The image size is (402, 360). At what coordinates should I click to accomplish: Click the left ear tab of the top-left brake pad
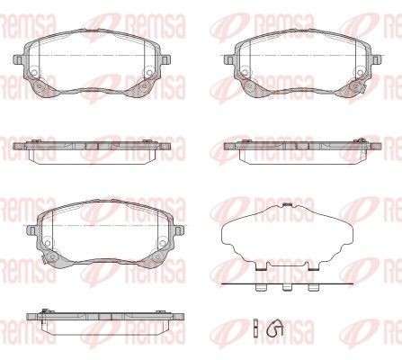[x=18, y=59]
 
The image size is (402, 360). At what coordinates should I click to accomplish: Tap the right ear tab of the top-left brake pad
[x=165, y=59]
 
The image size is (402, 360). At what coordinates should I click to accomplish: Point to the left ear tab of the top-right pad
[x=229, y=59]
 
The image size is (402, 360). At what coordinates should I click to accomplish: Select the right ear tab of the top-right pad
[x=377, y=59]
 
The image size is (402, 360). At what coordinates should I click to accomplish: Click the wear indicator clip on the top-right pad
[x=363, y=87]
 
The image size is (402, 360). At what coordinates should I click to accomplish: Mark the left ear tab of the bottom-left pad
[x=31, y=230]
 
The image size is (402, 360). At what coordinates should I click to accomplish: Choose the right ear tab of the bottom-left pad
[x=179, y=230]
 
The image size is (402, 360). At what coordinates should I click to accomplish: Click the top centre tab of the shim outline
[x=288, y=205]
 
